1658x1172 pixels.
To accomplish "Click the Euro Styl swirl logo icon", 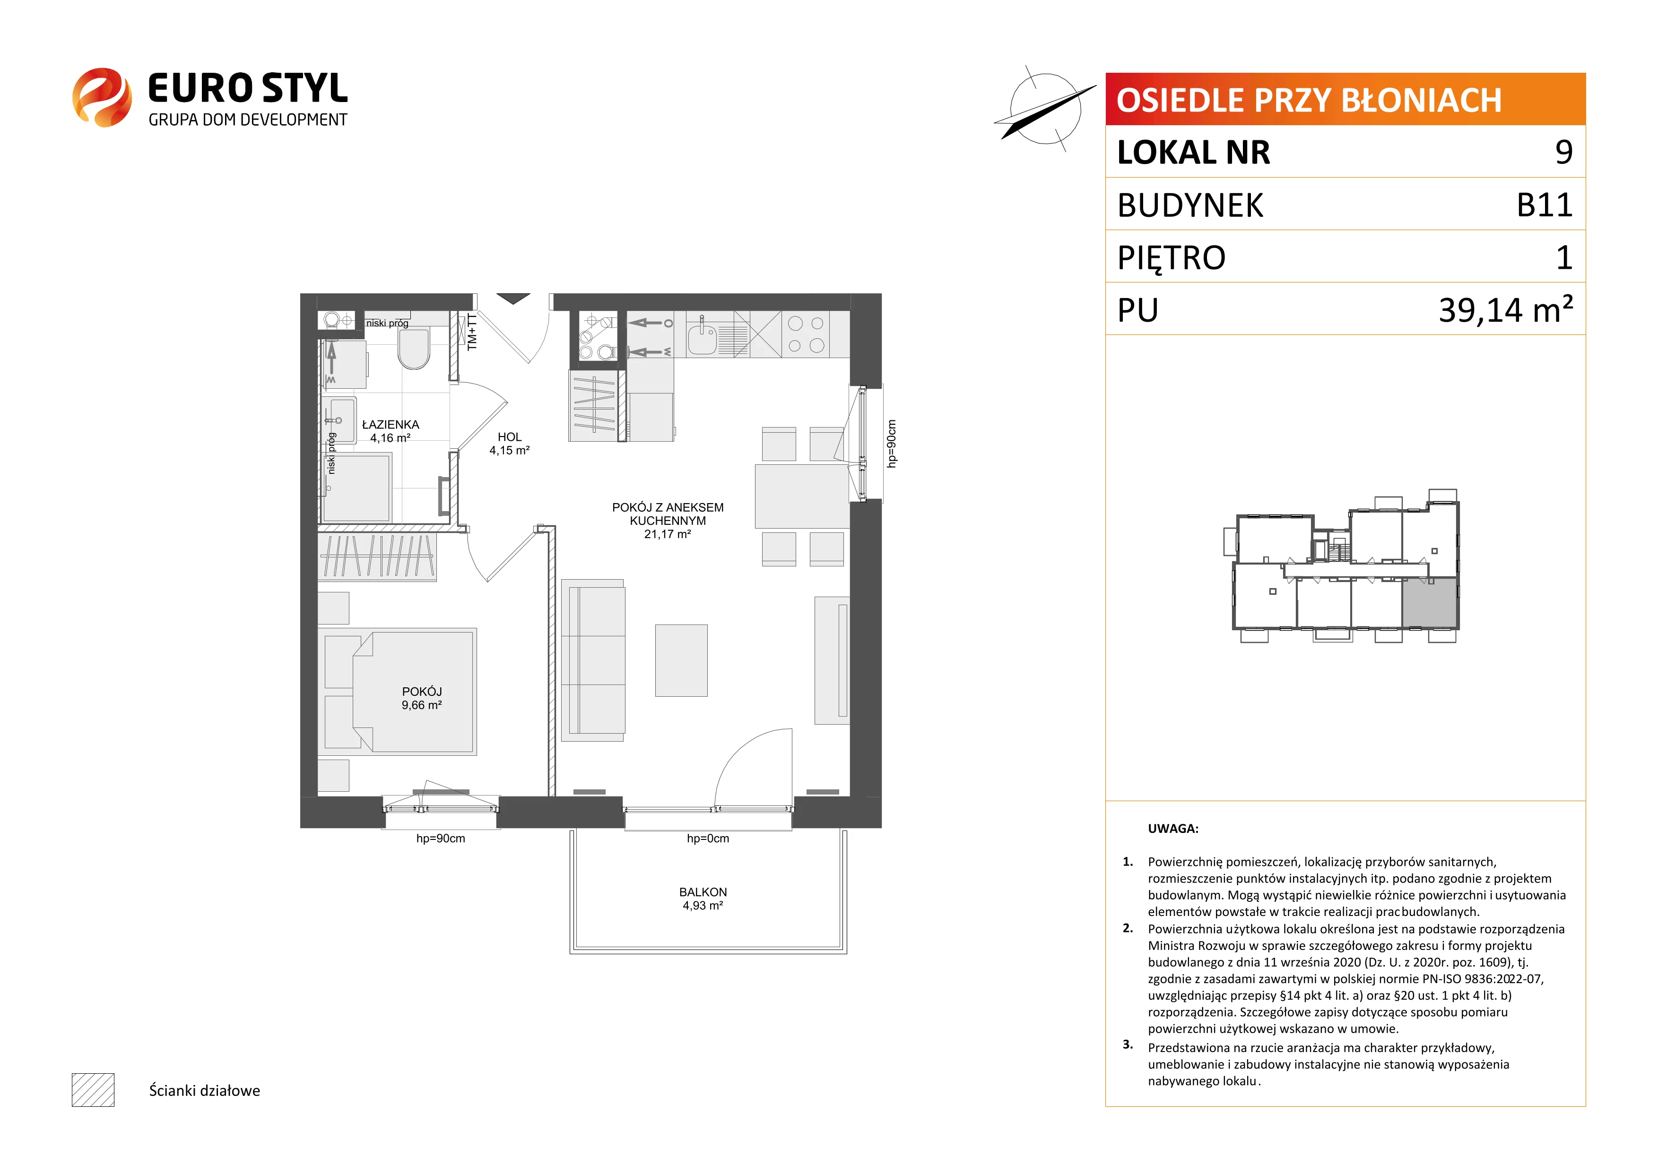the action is coord(102,97).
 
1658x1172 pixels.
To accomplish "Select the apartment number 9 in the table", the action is coord(1563,152).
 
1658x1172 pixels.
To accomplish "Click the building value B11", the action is coord(1544,205).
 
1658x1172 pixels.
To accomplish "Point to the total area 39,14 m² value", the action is coord(1506,309).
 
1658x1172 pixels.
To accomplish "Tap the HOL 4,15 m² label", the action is coord(509,443).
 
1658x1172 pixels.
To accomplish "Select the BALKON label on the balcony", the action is coord(703,892).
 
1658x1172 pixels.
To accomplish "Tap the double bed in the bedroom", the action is coord(414,692).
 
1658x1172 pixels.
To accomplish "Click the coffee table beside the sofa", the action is coord(681,660).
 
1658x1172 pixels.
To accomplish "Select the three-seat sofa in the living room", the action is coord(593,660).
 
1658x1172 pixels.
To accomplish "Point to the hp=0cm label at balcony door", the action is coord(708,838).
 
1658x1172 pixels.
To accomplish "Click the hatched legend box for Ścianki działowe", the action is coord(93,1090).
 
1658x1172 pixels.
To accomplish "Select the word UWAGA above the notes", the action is coord(1173,829).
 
